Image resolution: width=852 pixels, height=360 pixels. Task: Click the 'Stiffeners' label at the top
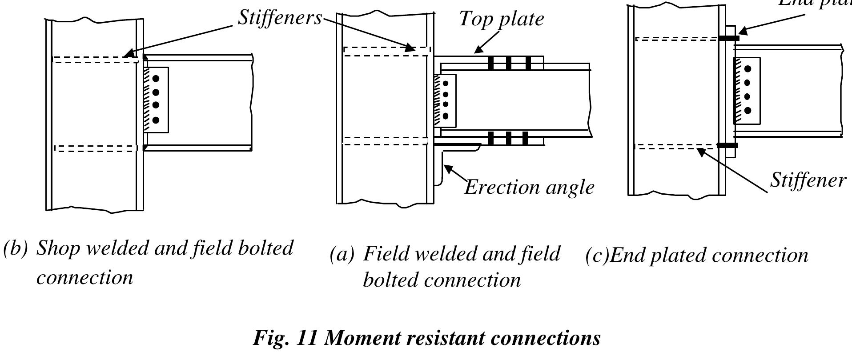[279, 18]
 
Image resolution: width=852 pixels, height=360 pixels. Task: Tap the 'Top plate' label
[501, 19]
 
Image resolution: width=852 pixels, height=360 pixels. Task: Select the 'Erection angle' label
[529, 187]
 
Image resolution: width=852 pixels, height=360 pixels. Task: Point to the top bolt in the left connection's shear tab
[156, 79]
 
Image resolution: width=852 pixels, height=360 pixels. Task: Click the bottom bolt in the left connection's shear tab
[156, 120]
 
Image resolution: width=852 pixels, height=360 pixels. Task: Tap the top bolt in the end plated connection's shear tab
[748, 69]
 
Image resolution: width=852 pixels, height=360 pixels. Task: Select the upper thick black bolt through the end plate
[729, 38]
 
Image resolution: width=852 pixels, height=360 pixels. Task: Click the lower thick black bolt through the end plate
[728, 145]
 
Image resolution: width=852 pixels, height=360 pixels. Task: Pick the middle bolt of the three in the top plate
[509, 63]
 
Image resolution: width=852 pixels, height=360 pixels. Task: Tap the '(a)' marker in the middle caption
[342, 254]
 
